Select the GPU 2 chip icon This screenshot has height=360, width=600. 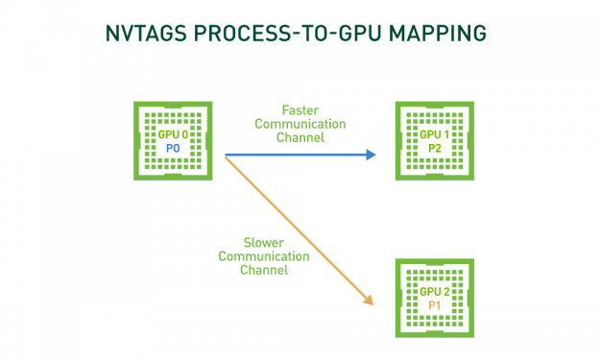pos(435,297)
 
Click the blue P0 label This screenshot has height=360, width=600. pos(173,149)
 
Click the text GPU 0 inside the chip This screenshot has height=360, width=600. pos(173,135)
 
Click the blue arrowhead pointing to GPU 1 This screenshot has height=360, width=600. pos(372,154)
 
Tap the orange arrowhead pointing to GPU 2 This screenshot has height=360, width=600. pos(368,301)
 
